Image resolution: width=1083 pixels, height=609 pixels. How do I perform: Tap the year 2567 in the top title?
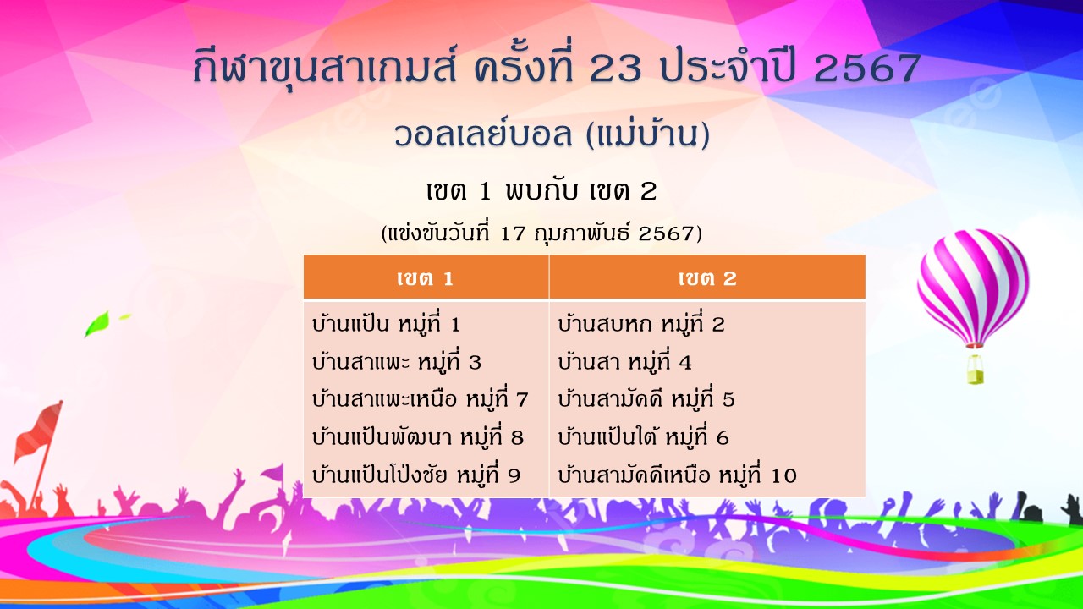867,69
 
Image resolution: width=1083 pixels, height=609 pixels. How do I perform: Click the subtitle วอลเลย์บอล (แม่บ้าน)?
552,134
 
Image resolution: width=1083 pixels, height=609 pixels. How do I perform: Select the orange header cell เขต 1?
426,277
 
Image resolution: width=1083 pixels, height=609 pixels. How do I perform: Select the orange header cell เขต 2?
707,277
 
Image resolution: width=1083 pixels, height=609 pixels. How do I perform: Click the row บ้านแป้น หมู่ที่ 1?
386,323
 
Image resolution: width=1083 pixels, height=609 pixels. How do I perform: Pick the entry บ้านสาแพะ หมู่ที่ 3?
397,361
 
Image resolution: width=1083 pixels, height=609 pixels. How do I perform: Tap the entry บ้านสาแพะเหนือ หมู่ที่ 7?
421,399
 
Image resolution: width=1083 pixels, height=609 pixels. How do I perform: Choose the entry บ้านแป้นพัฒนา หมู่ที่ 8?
418,437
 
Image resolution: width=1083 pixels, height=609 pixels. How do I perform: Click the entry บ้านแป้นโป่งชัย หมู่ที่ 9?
416,475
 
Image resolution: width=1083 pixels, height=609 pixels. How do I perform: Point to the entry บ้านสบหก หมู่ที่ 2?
641,323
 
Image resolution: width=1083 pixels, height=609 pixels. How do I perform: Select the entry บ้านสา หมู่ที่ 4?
624,361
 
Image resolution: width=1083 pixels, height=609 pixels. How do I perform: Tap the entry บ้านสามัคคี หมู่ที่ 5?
646,399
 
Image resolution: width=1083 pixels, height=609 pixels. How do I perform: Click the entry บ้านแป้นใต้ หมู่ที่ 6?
643,437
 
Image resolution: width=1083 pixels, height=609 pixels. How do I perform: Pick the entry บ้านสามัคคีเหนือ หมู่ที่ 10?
677,475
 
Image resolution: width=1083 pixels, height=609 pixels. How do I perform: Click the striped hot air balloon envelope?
973,286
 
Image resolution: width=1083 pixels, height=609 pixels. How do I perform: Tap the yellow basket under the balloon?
976,370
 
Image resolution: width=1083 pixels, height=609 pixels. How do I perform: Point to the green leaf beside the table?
97,323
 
